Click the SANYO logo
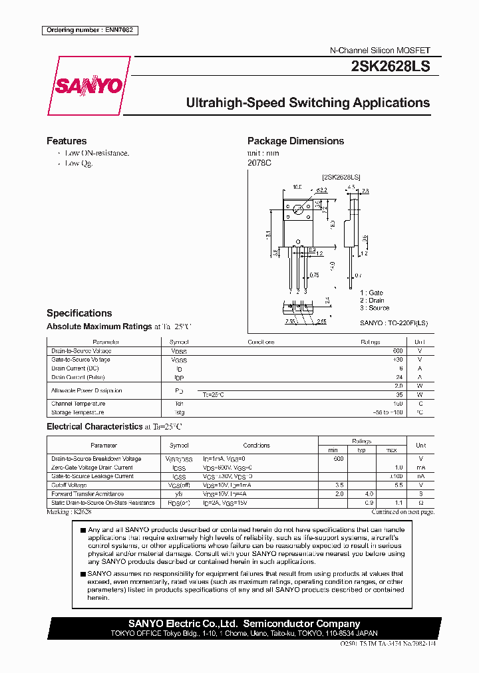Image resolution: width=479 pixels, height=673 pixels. coord(88,86)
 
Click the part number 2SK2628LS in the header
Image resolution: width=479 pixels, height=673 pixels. coord(390,67)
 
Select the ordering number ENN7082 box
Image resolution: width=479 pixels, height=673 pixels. coord(90,30)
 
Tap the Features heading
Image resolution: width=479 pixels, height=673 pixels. coord(67,141)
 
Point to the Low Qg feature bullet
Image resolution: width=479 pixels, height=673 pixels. coord(78,164)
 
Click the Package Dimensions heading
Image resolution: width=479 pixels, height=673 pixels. coord(295,141)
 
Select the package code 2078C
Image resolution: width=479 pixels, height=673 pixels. coord(259,163)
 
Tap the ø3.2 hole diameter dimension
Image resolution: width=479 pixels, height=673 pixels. coord(321,190)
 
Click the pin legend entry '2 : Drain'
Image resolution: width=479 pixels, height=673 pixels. coord(372,301)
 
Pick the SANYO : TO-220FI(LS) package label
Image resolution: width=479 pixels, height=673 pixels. coord(394,323)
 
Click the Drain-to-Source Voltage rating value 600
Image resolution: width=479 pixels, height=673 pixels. coord(398,350)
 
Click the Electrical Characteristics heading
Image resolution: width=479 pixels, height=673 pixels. coord(94,426)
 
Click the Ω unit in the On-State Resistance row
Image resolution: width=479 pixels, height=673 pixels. coord(420,503)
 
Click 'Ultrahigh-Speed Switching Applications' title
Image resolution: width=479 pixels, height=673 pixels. coord(307,103)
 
